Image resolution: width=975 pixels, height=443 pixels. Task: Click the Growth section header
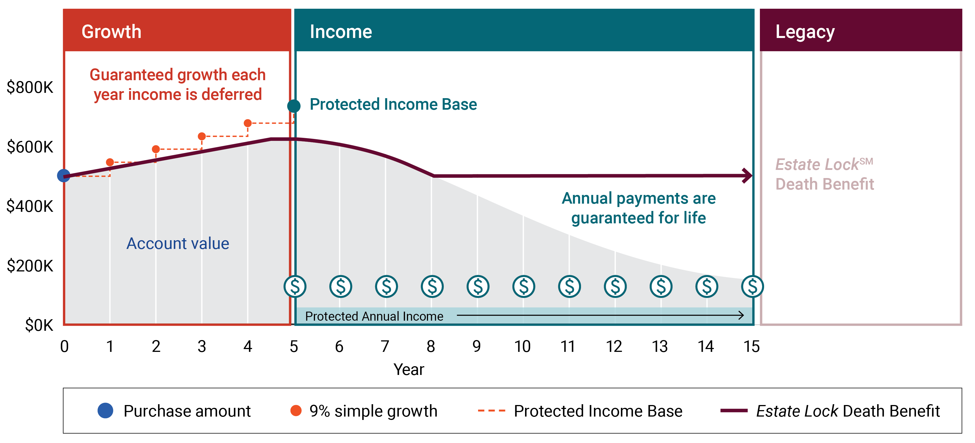pyautogui.click(x=111, y=32)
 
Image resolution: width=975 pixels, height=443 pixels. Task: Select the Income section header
pyautogui.click(x=341, y=32)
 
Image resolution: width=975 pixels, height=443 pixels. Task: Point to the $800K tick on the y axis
pyautogui.click(x=30, y=87)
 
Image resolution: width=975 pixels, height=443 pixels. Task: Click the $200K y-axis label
pyautogui.click(x=30, y=266)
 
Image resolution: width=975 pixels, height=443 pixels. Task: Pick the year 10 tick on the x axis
pyautogui.click(x=522, y=347)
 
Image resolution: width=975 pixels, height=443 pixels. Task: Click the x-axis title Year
pyautogui.click(x=409, y=369)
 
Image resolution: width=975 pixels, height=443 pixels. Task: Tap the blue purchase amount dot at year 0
pyautogui.click(x=64, y=176)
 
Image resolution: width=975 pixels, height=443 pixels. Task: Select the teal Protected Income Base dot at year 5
pyautogui.click(x=294, y=106)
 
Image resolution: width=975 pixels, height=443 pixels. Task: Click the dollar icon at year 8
pyautogui.click(x=432, y=286)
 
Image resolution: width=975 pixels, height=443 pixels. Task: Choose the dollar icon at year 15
pyautogui.click(x=753, y=286)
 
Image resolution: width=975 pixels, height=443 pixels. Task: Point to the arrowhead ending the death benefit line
pyautogui.click(x=747, y=176)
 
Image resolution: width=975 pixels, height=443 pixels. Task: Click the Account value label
pyautogui.click(x=177, y=244)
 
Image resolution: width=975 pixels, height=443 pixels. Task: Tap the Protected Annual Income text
pyautogui.click(x=374, y=316)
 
